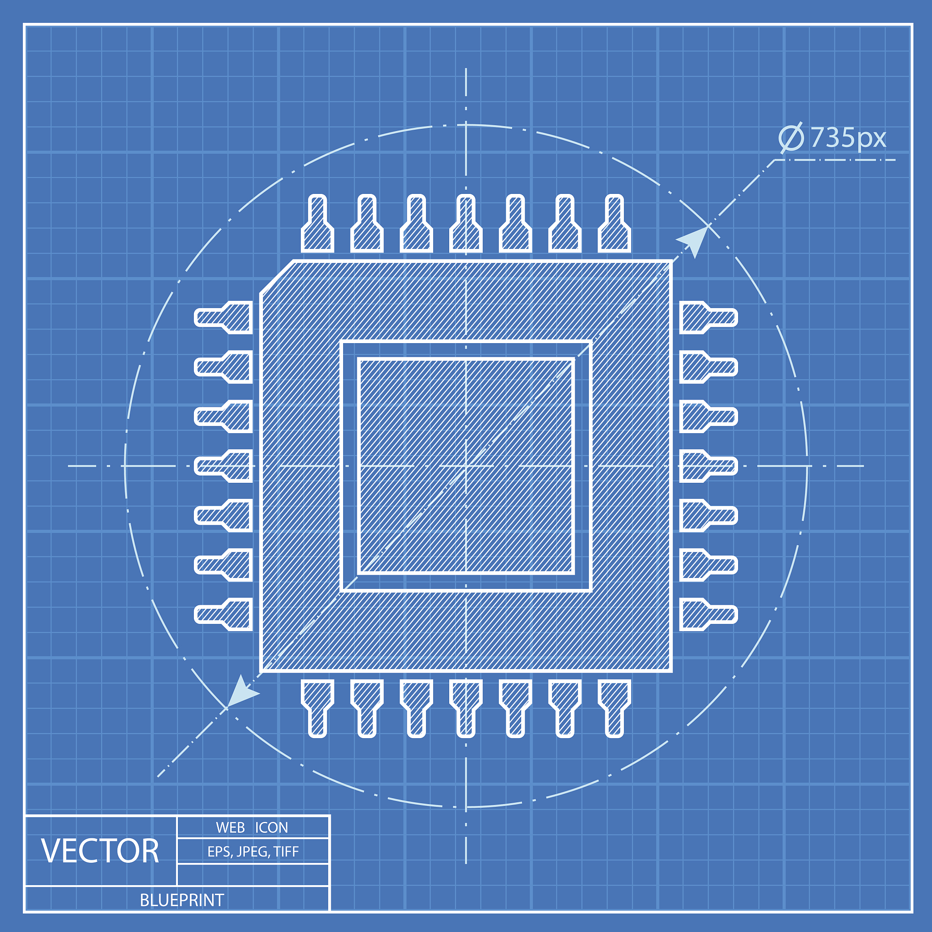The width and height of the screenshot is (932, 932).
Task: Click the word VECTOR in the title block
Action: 100,851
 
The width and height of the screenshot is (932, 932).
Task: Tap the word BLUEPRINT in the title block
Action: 182,900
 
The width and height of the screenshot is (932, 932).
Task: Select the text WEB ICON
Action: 252,827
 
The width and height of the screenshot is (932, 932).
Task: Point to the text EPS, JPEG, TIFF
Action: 253,851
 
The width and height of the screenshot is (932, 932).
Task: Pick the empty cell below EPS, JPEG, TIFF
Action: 253,875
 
